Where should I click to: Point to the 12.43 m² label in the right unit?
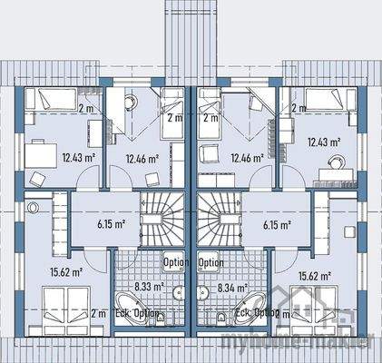pos(323,142)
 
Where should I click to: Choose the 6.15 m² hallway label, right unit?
pos(276,224)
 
